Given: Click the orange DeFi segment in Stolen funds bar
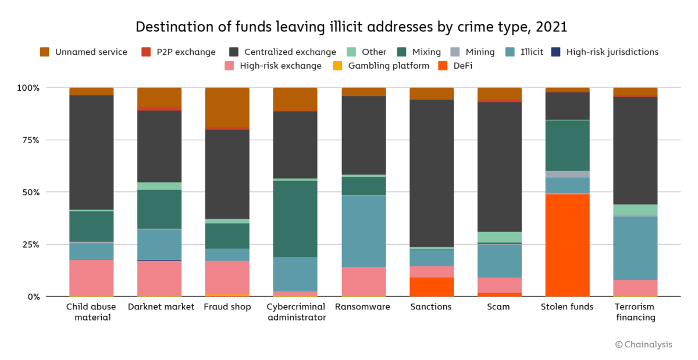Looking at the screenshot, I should [x=567, y=245].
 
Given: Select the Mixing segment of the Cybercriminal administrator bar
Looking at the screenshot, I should [x=295, y=219].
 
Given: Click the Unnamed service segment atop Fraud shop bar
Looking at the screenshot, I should [x=227, y=107].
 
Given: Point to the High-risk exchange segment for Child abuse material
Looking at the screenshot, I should [x=91, y=278].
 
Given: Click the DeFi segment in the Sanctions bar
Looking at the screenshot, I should [x=432, y=287].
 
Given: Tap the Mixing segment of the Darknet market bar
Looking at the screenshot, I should [x=159, y=209].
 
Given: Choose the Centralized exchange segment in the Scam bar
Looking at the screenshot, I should [x=500, y=166].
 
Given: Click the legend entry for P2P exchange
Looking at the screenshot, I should [x=181, y=52].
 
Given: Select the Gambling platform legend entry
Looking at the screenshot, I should [x=383, y=66].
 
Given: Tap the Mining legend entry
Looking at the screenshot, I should [x=475, y=52].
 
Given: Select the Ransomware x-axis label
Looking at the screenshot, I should [x=364, y=307].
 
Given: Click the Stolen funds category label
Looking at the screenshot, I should [x=567, y=307].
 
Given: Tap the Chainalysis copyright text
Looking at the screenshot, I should [x=643, y=344].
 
